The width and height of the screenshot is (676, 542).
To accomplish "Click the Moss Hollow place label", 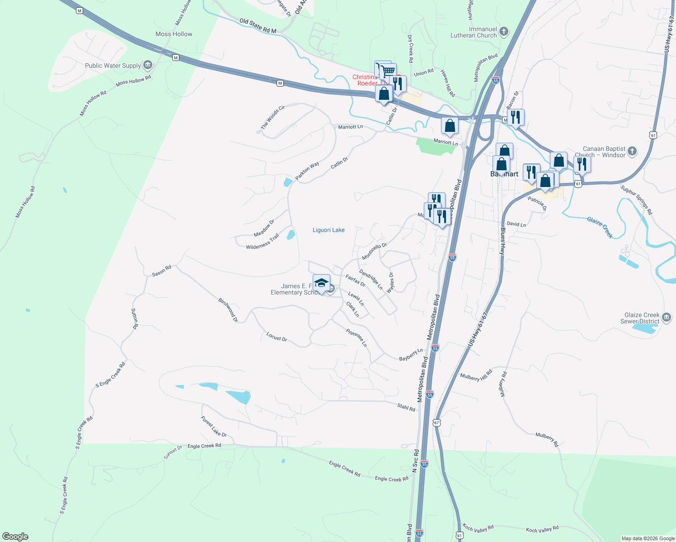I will click(x=174, y=34).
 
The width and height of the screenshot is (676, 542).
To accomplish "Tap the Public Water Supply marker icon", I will click(x=148, y=65).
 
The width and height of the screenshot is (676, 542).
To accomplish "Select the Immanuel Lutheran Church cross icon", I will click(x=504, y=32).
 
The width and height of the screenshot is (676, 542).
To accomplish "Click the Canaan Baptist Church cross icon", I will click(x=632, y=151).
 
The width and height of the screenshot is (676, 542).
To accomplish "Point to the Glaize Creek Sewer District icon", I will click(x=667, y=318).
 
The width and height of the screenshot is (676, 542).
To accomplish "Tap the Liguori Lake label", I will click(x=329, y=230).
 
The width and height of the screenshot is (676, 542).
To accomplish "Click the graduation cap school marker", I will click(x=321, y=283).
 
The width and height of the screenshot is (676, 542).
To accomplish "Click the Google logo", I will click(x=15, y=537).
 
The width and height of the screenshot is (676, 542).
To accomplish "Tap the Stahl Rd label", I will click(x=406, y=407).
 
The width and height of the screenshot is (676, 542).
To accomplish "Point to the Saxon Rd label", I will click(x=161, y=271).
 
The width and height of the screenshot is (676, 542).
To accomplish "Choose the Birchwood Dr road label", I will click(x=228, y=310).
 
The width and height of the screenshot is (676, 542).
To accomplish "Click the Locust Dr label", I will click(x=277, y=336).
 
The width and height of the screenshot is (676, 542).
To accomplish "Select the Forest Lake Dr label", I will click(x=214, y=427).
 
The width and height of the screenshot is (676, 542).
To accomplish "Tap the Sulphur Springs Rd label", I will click(x=636, y=200).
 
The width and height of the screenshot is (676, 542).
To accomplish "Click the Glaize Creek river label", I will click(x=600, y=227).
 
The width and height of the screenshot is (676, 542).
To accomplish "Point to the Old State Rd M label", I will click(x=258, y=26).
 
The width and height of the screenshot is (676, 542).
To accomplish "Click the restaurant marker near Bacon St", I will click(x=516, y=117).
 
